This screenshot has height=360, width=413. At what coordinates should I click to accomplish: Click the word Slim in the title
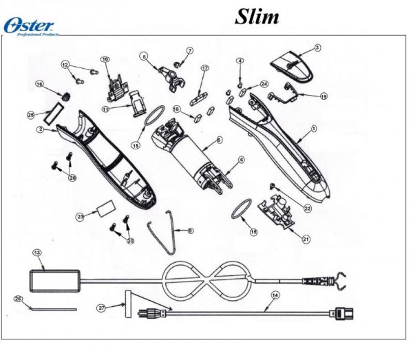pos(257,16)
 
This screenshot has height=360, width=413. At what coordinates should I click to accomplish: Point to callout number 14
pos(275,295)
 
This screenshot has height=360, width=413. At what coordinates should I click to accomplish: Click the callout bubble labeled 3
pos(317,47)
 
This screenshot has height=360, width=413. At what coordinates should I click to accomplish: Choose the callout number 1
pos(314,129)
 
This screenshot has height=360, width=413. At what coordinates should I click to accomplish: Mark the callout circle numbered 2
pos(41,129)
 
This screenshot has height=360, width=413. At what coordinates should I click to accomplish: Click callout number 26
pos(18,298)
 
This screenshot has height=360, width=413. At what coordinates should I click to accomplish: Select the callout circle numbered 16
pos(39,85)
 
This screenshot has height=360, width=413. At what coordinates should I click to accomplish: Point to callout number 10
pos(105,60)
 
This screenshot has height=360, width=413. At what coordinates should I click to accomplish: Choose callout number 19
pos(323,96)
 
